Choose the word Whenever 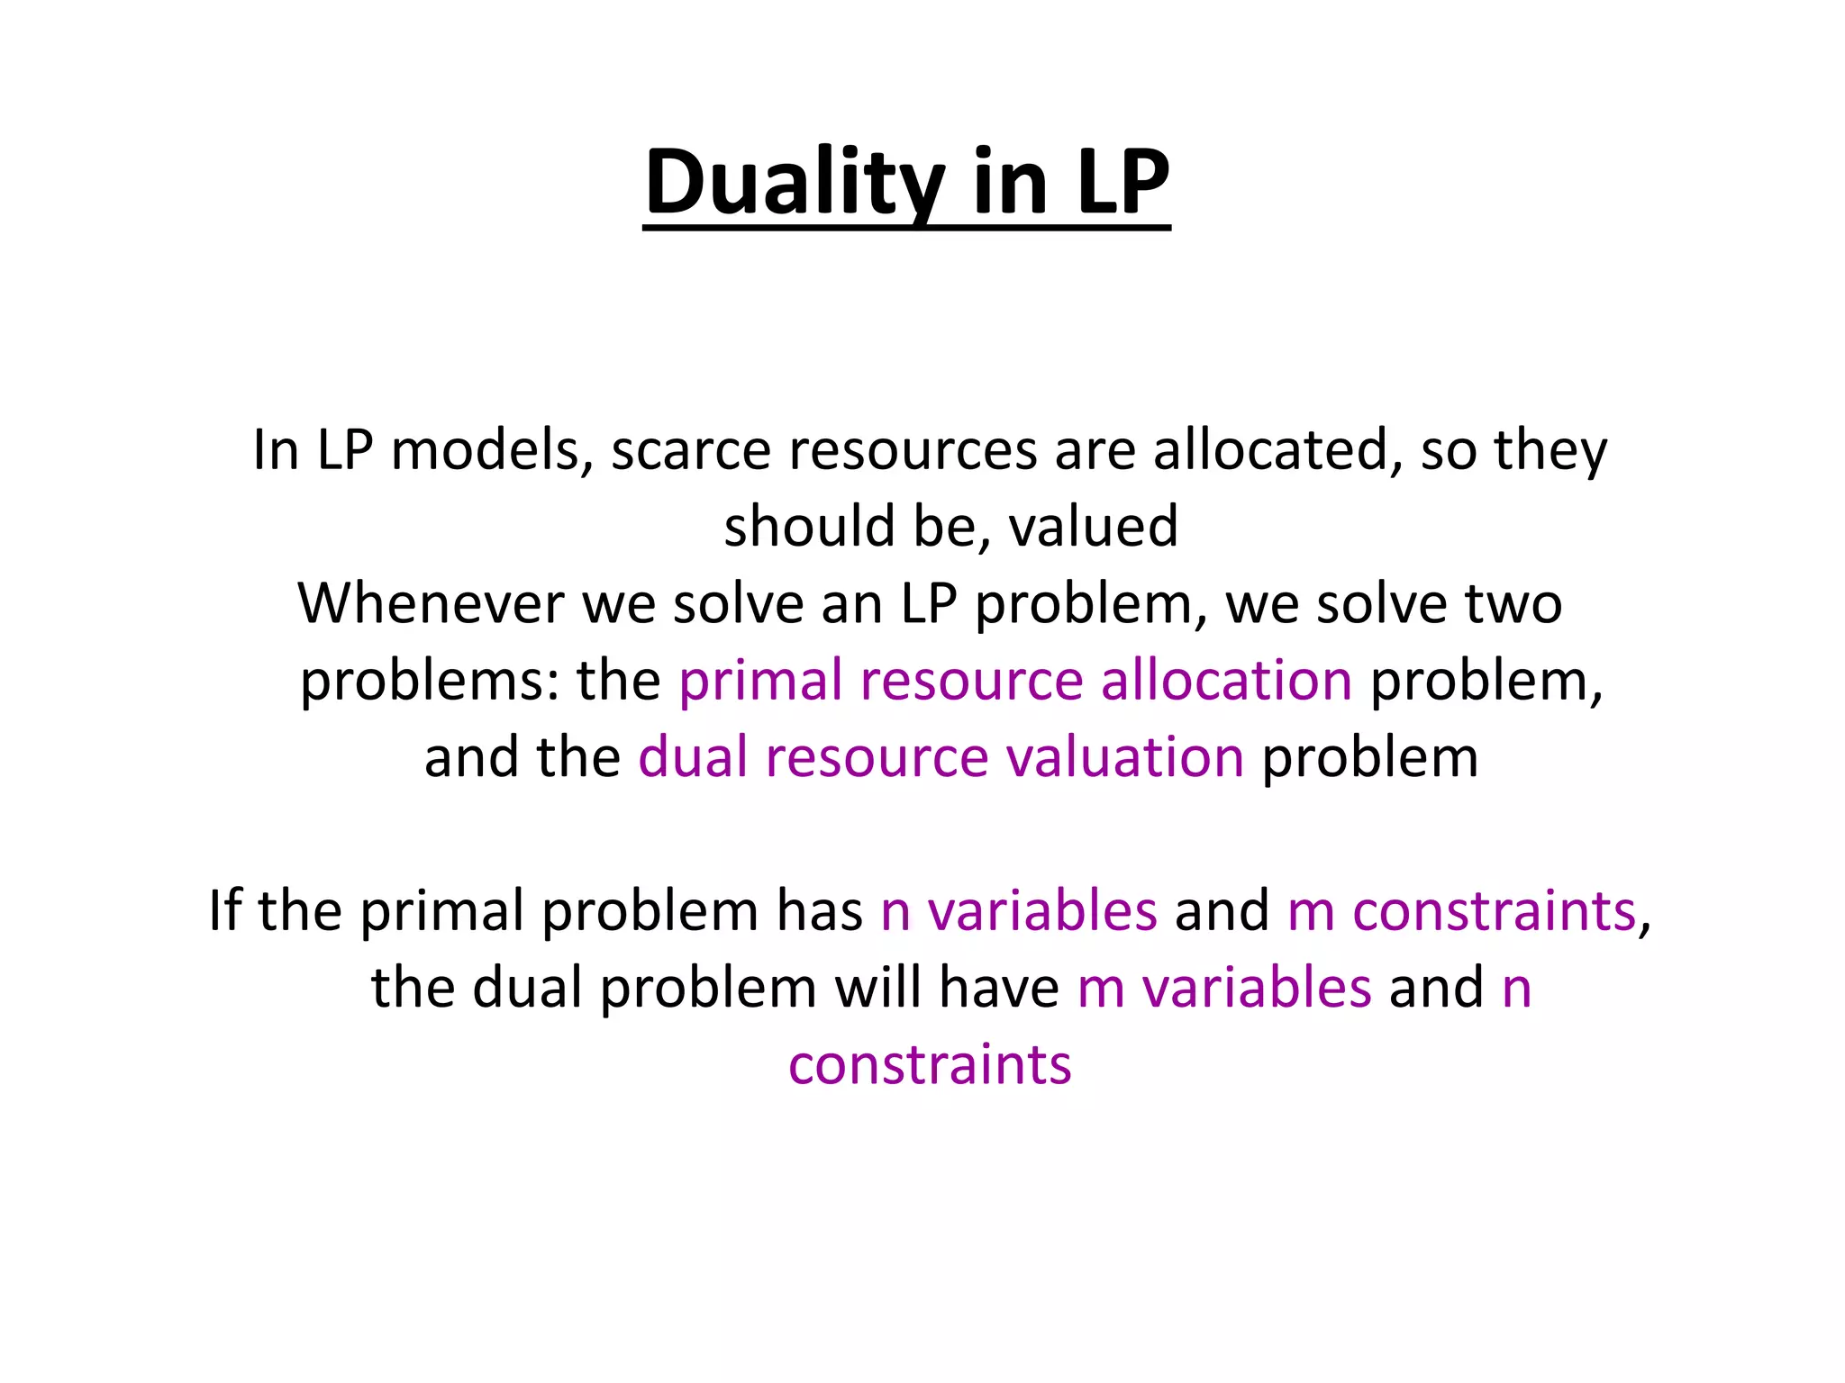coord(431,603)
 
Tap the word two coord(1513,603)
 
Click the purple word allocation coord(1226,680)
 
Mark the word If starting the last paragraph coord(224,910)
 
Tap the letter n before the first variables coord(895,912)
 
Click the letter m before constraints coord(1310,912)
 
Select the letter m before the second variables coord(1100,989)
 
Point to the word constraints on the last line coord(930,1065)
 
